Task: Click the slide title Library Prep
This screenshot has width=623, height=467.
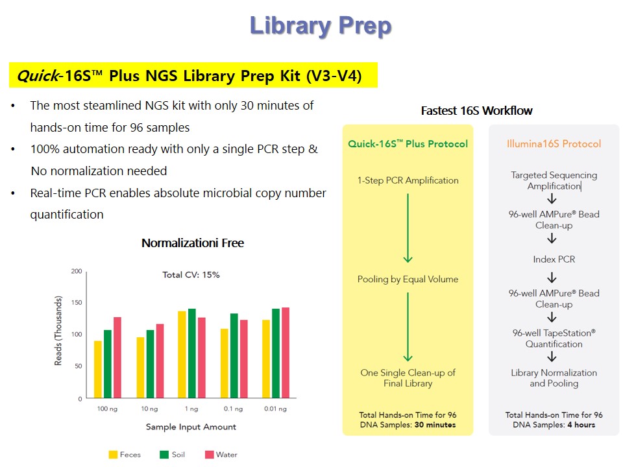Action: click(321, 26)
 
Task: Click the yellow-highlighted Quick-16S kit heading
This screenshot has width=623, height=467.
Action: click(189, 75)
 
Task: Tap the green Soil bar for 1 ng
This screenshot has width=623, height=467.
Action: click(192, 353)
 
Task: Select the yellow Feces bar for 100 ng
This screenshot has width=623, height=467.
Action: click(98, 369)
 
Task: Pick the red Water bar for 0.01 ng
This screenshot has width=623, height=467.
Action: click(286, 353)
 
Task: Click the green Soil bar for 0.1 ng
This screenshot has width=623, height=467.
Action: click(234, 355)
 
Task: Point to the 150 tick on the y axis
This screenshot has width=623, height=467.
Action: click(77, 303)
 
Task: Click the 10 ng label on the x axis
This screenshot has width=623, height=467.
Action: click(149, 409)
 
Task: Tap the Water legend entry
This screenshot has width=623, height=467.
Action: click(221, 455)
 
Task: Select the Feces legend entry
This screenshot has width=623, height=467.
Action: click(125, 455)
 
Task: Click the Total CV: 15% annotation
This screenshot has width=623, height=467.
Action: click(191, 275)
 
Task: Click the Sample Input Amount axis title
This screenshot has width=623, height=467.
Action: click(191, 427)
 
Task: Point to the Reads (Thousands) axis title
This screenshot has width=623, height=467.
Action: click(58, 331)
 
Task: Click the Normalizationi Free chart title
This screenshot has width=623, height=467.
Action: click(193, 243)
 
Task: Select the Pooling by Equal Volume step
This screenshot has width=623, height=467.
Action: click(408, 279)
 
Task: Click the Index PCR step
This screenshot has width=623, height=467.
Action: click(554, 259)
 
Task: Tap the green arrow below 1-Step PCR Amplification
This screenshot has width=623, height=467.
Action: click(408, 228)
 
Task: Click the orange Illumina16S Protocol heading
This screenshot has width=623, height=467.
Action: click(554, 144)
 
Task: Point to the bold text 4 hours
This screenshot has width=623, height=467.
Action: click(581, 425)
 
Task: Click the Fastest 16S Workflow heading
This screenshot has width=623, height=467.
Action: click(476, 110)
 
